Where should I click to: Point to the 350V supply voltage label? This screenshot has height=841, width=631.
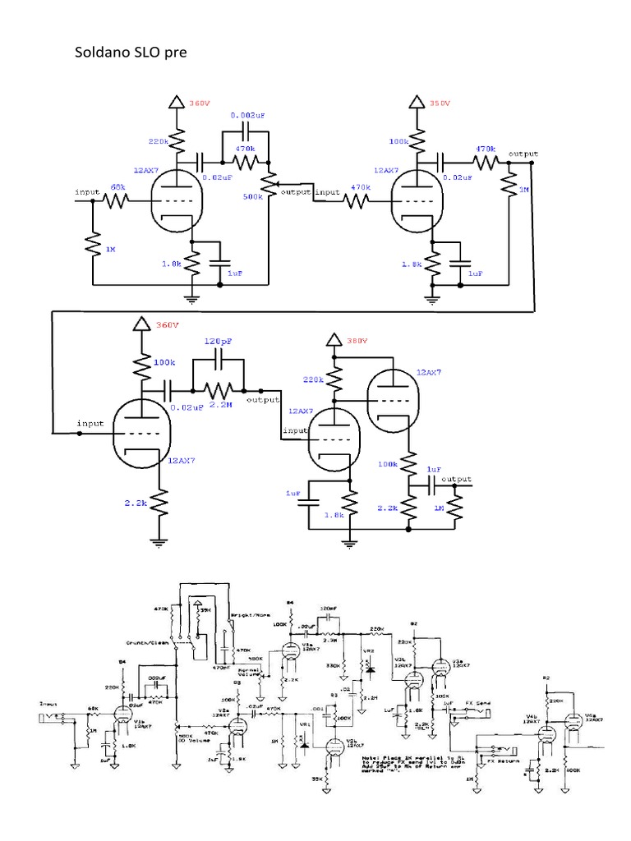point(441,103)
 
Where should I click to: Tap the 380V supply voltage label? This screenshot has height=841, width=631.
point(357,340)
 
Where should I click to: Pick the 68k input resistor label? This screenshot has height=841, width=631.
point(119,188)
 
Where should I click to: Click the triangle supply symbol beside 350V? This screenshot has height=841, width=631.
point(416,103)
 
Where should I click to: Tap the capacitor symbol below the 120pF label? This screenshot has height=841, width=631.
point(219,359)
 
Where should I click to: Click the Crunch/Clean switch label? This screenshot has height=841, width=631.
point(149,642)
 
